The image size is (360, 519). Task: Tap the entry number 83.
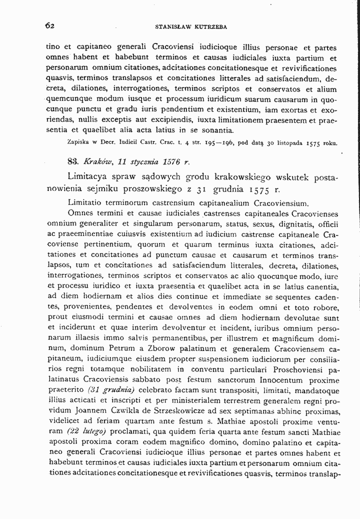(73, 161)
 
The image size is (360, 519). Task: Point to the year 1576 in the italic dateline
(167, 161)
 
